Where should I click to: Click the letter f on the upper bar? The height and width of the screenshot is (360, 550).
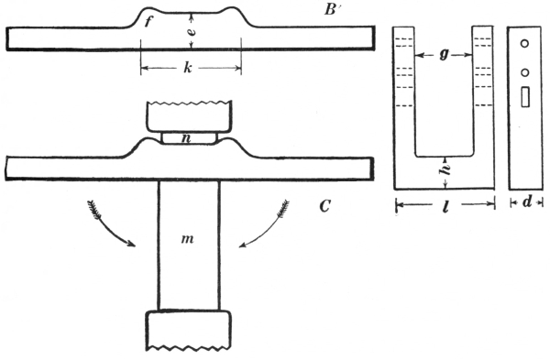tap(148, 22)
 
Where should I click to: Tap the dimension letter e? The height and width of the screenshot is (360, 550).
tap(192, 32)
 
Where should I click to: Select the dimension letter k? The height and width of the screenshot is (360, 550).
tap(188, 67)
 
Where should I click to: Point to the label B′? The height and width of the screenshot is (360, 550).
tap(331, 10)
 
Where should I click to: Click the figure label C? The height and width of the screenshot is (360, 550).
tap(324, 207)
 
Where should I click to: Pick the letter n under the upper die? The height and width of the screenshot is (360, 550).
tap(187, 138)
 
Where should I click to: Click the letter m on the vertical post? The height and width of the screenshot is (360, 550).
tap(188, 239)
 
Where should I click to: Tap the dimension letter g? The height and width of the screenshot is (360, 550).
tap(444, 56)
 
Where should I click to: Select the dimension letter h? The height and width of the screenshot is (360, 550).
tap(445, 170)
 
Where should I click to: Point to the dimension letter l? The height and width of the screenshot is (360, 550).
tap(445, 206)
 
